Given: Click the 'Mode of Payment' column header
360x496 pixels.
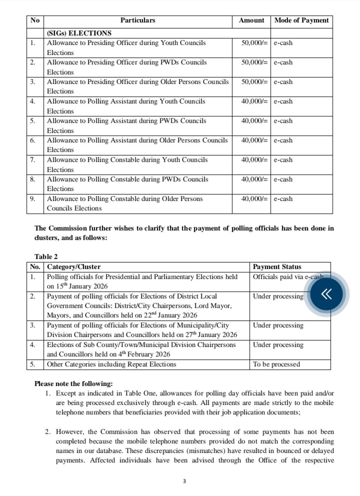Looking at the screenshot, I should [x=301, y=20].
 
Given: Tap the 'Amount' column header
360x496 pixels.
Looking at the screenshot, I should [x=251, y=20].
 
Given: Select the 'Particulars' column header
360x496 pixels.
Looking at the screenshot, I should [x=138, y=20].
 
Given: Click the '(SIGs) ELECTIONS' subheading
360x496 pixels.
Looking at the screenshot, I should [x=79, y=33].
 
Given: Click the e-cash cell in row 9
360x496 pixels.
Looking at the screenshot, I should [x=283, y=199].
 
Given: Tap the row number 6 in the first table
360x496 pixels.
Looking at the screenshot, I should [x=33, y=140].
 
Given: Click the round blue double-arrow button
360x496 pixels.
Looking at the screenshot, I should [x=326, y=294].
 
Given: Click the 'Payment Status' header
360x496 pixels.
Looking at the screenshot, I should [x=277, y=267].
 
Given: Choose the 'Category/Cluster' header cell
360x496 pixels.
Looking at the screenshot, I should [x=74, y=267].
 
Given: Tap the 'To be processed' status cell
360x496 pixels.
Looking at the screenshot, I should [x=276, y=364].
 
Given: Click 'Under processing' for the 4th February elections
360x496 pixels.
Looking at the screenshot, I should [x=278, y=345].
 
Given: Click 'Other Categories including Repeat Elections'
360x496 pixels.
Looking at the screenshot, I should [x=111, y=364].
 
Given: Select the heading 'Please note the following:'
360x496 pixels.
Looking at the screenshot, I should [x=73, y=384].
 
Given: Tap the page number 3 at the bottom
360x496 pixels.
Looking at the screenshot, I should [x=185, y=481].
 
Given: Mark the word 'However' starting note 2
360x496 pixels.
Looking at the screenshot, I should [x=71, y=431].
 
